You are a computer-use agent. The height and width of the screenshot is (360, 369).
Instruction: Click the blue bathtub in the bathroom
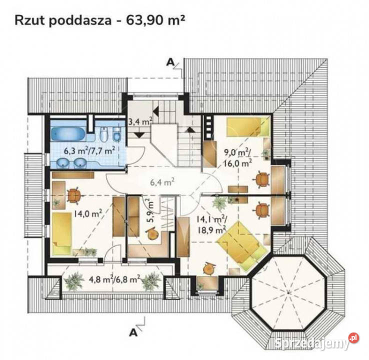pyautogui.click(x=68, y=134)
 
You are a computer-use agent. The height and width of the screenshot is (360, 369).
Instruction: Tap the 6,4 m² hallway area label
pyautogui.click(x=162, y=182)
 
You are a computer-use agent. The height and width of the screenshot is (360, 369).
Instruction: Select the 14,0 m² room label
pyautogui.click(x=88, y=213)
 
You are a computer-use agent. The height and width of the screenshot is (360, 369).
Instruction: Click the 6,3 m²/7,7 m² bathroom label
pyautogui.click(x=89, y=151)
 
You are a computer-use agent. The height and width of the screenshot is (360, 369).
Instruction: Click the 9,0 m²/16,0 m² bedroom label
pyautogui.click(x=237, y=157)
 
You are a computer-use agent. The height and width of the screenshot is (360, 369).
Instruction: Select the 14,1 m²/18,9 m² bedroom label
pyautogui.click(x=212, y=224)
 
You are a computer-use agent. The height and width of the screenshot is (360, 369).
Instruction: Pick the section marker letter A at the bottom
pyautogui.click(x=133, y=332)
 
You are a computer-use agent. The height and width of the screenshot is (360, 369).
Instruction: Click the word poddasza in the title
pyautogui.click(x=80, y=20)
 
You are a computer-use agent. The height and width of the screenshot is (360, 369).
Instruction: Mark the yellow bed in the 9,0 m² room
pyautogui.click(x=247, y=127)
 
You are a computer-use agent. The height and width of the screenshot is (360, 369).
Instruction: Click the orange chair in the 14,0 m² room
pyautogui.click(x=73, y=195)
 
